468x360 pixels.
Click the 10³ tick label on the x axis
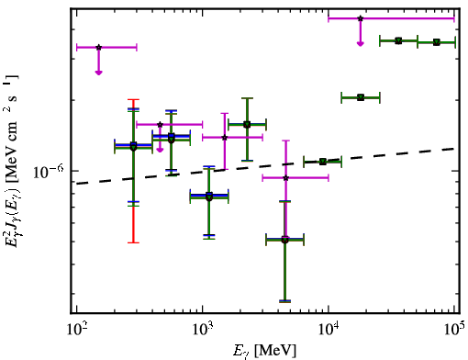[x=202, y=329]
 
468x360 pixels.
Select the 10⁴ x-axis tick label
[x=329, y=329]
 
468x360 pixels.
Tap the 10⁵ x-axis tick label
[x=454, y=329]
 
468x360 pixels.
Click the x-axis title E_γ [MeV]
[x=265, y=350]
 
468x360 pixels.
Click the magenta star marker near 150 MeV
[x=98, y=48]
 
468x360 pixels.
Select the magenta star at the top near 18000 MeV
[x=361, y=18]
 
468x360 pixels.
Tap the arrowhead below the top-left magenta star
[x=98, y=73]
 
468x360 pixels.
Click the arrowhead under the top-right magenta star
[x=361, y=44]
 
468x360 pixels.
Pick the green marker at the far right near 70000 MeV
[x=437, y=42]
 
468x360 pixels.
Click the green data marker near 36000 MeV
[x=398, y=40]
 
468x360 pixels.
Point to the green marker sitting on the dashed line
[x=323, y=162]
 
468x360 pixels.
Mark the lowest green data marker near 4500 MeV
[x=284, y=240]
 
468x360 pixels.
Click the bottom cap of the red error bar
[x=133, y=242]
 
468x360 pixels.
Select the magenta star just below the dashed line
[x=285, y=178]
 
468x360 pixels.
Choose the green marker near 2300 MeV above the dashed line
[x=247, y=124]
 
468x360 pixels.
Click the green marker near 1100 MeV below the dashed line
[x=209, y=197]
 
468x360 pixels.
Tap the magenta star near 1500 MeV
[x=225, y=138]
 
